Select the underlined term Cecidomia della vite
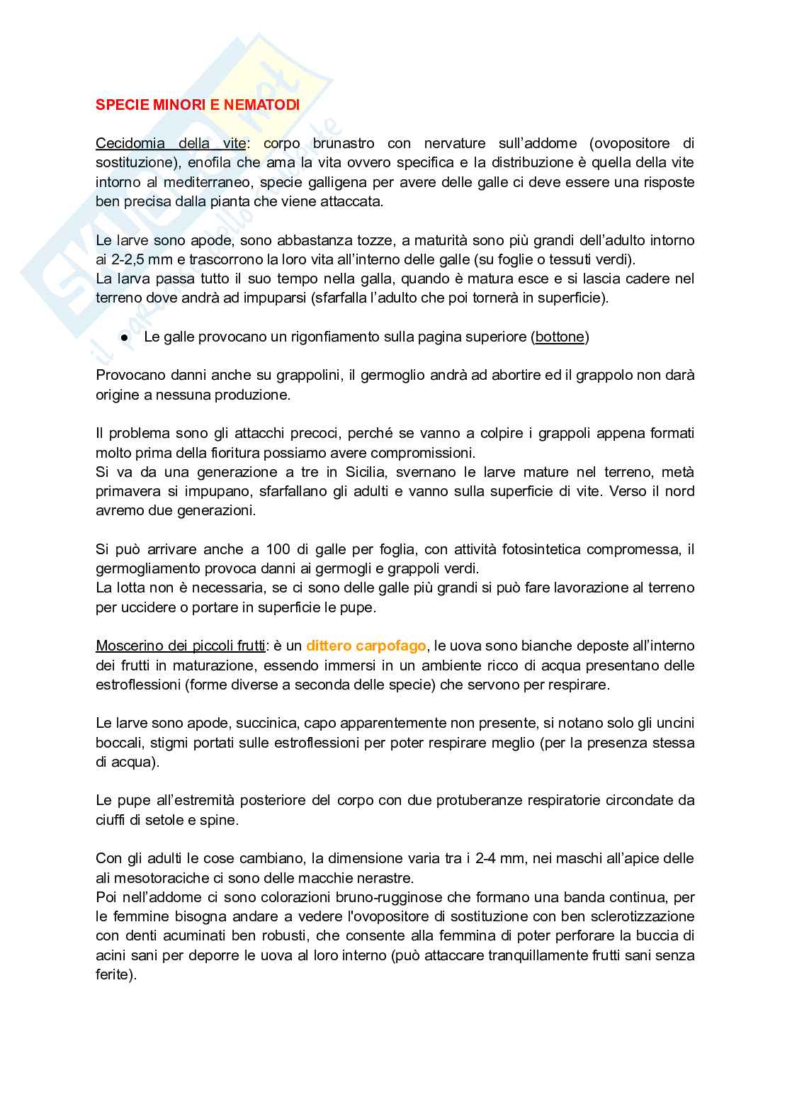point(171,143)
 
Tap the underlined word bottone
point(560,337)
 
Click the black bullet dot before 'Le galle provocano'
point(124,338)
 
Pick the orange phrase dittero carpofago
point(366,646)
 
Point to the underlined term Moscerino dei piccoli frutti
point(181,646)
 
